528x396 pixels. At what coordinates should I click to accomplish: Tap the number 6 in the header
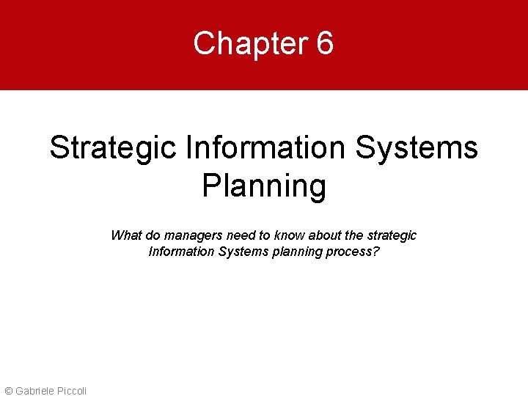[x=325, y=44]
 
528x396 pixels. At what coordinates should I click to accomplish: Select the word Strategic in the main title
[x=113, y=148]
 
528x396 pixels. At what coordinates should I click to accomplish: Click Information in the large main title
[x=265, y=148]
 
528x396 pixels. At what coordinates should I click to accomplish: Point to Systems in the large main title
[x=417, y=148]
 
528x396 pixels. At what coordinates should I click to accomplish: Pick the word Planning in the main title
[x=264, y=186]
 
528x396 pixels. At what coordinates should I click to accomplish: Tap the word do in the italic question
[x=152, y=235]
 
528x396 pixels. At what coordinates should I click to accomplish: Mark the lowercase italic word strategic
[x=392, y=235]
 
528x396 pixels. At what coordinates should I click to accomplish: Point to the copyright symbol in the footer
[x=9, y=390]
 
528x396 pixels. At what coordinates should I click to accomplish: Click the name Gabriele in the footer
[x=33, y=390]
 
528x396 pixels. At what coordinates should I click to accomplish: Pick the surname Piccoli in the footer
[x=72, y=390]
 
